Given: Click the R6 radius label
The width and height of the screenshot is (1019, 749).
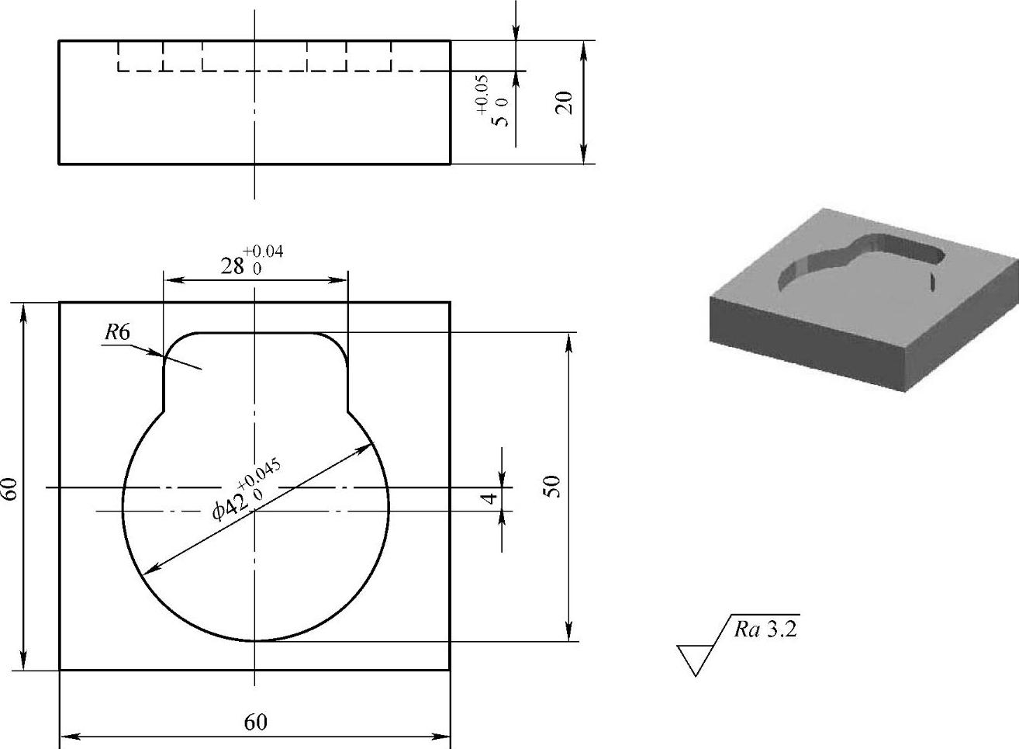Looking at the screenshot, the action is [x=117, y=333].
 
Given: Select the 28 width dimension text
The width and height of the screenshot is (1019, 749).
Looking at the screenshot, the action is [x=231, y=267].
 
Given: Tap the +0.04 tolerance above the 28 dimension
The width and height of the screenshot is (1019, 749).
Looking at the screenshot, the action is [x=263, y=251].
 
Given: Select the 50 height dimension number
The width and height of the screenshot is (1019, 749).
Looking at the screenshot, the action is [x=551, y=487].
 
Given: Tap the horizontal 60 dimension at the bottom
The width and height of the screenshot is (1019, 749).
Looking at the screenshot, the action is [x=255, y=723].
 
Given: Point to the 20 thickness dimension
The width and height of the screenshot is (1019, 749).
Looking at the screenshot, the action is [x=565, y=102].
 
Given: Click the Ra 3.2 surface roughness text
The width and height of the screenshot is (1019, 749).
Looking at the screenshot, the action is [x=765, y=629].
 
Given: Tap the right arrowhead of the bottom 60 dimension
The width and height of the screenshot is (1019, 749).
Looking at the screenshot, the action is [x=443, y=735].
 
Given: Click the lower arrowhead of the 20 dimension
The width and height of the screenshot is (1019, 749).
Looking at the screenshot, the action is [x=584, y=157].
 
